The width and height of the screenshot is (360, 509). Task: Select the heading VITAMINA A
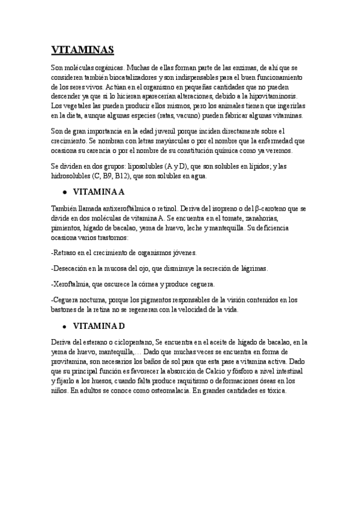pos(98,193)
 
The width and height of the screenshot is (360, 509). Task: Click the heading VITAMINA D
pos(98,327)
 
